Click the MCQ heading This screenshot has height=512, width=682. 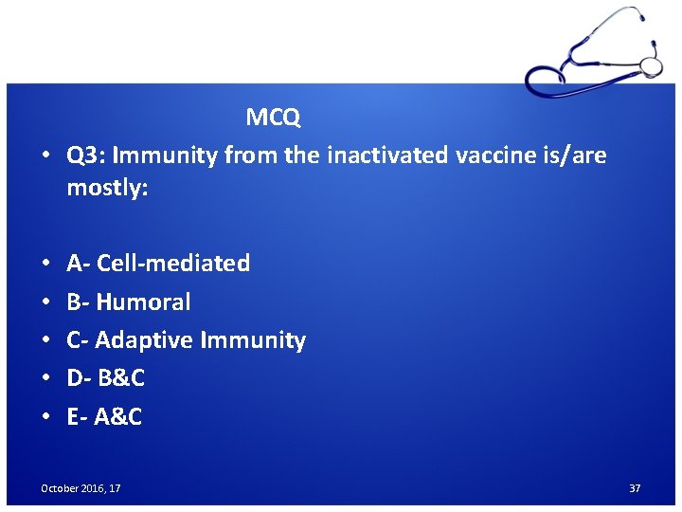pyautogui.click(x=273, y=118)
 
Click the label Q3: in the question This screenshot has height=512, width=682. pyautogui.click(x=86, y=155)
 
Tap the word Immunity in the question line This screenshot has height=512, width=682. pyautogui.click(x=165, y=155)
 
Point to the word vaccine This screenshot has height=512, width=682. pyautogui.click(x=493, y=155)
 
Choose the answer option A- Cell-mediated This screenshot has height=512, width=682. pyautogui.click(x=158, y=263)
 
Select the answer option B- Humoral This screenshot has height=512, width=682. pyautogui.click(x=128, y=302)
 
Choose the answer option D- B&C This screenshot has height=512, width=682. pyautogui.click(x=105, y=378)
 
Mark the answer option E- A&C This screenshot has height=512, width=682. pyautogui.click(x=104, y=416)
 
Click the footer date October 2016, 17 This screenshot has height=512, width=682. pyautogui.click(x=81, y=488)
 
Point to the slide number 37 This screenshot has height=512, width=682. pyautogui.click(x=635, y=488)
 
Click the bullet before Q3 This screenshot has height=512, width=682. pyautogui.click(x=45, y=155)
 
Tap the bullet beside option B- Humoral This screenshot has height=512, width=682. pyautogui.click(x=45, y=302)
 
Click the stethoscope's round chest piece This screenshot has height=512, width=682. pyautogui.click(x=651, y=66)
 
